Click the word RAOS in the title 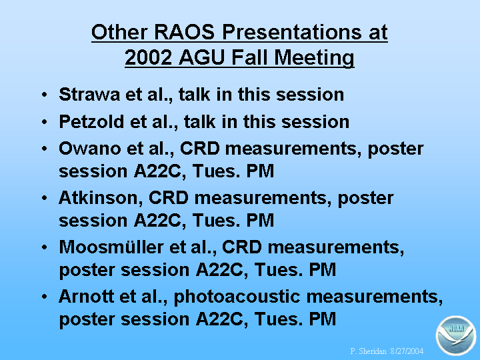point(184,32)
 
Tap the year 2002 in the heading point(149,57)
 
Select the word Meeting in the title point(314,58)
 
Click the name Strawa point(89,94)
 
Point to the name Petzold point(92,121)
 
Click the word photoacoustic point(237,297)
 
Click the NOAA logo point(456,335)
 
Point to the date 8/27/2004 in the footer point(407,351)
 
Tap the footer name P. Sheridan point(369,351)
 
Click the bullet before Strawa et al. point(45,94)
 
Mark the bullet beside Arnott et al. point(45,296)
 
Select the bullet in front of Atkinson point(45,198)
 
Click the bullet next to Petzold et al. point(45,121)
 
